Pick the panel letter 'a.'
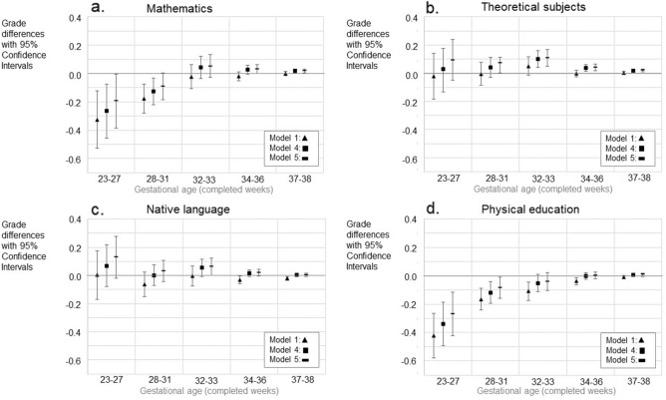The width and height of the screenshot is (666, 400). [97, 9]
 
